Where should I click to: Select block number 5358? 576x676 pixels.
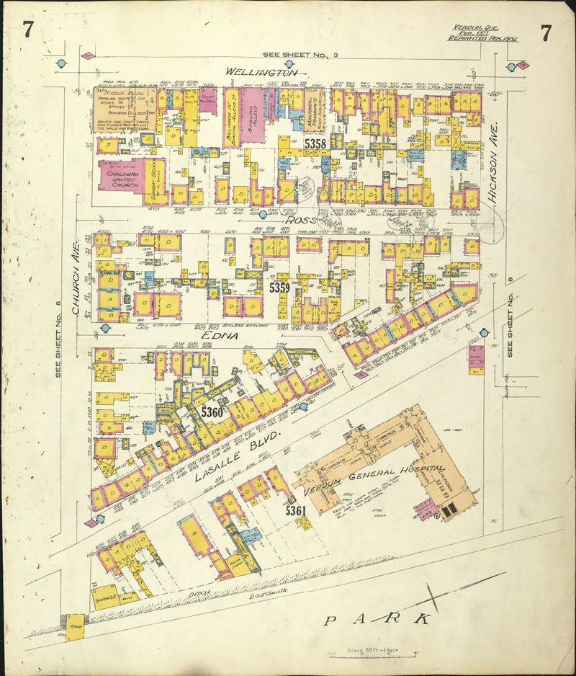click(315, 145)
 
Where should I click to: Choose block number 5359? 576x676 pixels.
click(279, 288)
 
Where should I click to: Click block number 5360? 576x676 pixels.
click(212, 412)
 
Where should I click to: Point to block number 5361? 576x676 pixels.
click(296, 510)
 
